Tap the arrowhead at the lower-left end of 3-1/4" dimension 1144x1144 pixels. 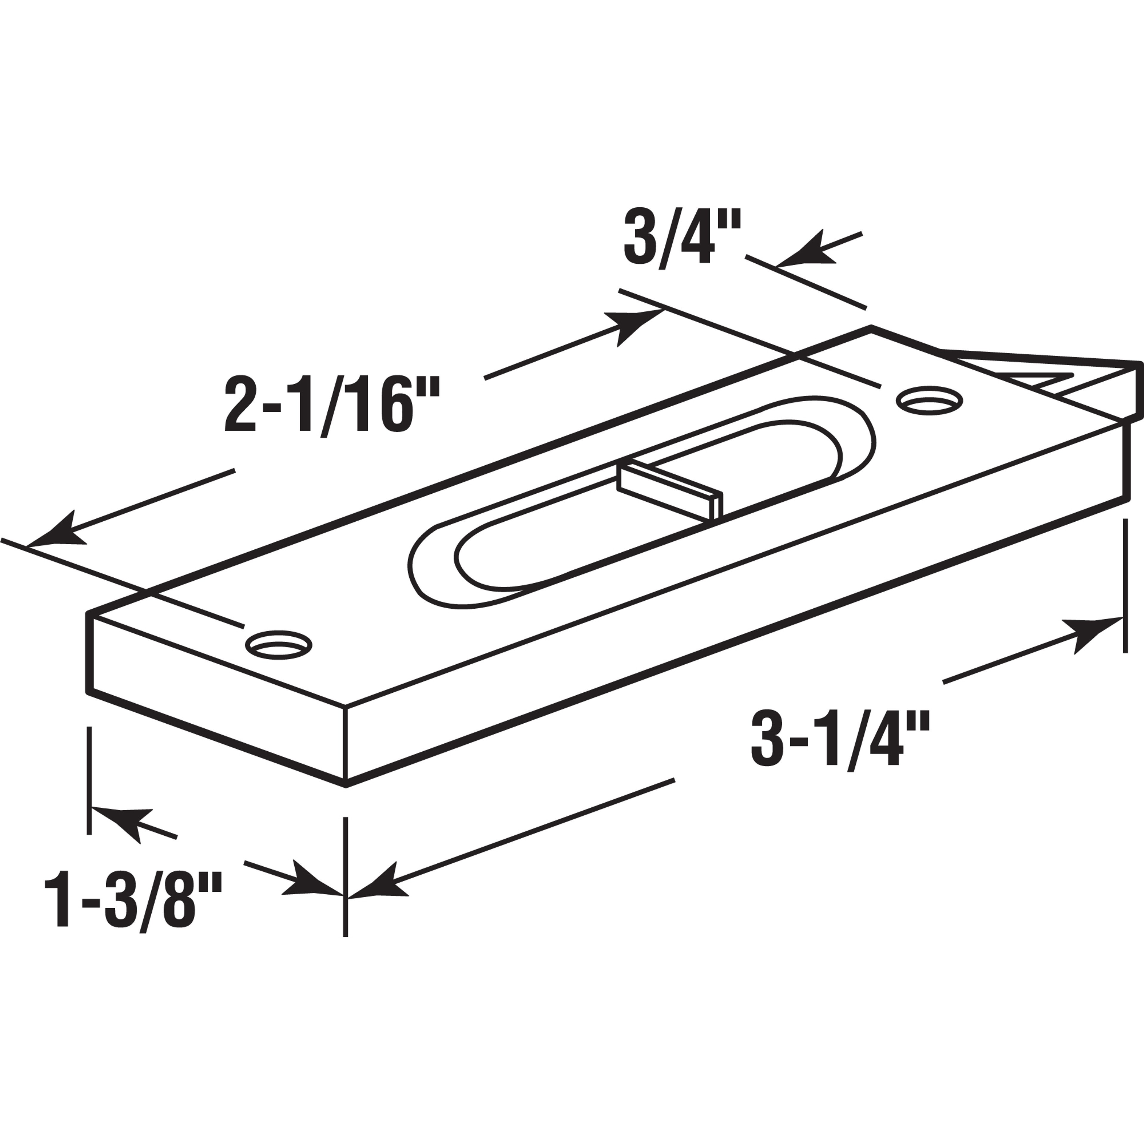(379, 888)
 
